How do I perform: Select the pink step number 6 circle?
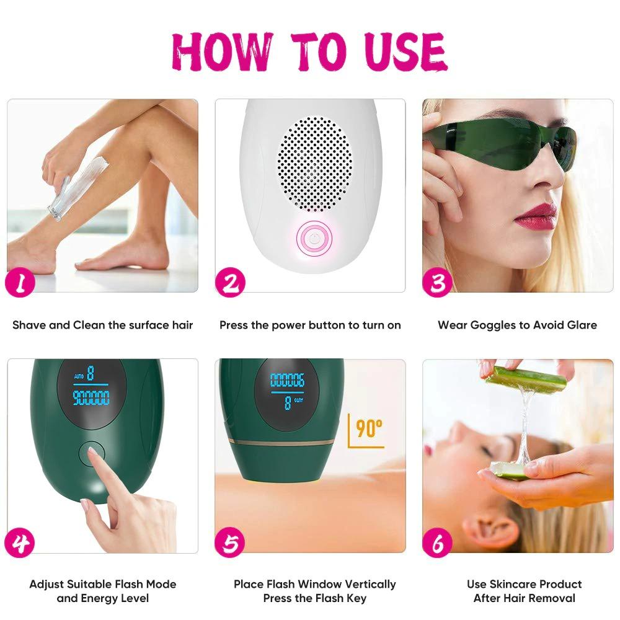(438, 544)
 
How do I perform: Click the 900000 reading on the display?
(91, 397)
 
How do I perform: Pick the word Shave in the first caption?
(29, 325)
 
